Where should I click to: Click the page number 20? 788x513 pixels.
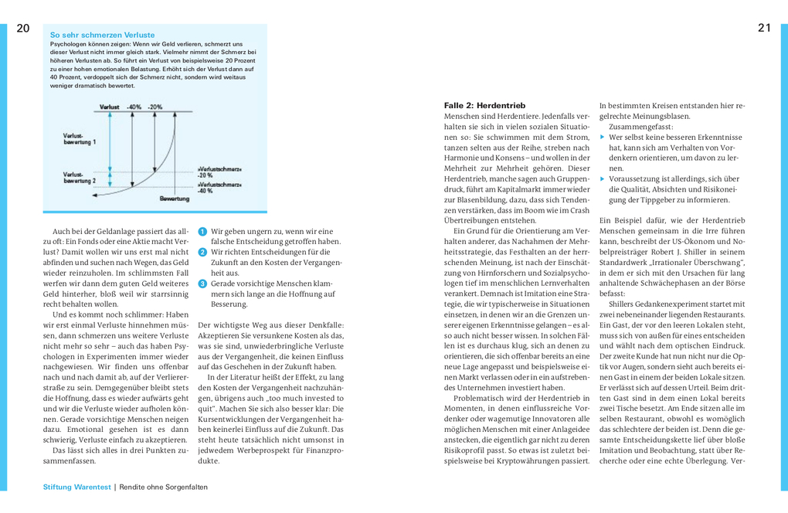point(22,29)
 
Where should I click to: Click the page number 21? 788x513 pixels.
point(764,29)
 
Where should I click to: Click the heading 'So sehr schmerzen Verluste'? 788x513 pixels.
point(102,35)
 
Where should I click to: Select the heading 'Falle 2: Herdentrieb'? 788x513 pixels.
point(484,105)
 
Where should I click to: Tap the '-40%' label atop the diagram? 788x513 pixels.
point(134,106)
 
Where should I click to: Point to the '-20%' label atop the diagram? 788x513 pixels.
point(155,106)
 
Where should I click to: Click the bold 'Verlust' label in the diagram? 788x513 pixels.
point(110,106)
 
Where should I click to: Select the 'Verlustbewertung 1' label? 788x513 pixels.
point(80,139)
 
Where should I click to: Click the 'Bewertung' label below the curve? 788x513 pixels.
point(175,199)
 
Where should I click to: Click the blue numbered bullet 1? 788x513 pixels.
point(202,231)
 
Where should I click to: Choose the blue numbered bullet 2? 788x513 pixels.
point(202,252)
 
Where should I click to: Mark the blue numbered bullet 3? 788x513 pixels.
point(202,284)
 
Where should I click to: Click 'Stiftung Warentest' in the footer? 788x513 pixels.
point(77,487)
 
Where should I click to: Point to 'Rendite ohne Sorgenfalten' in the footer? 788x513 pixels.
point(163,487)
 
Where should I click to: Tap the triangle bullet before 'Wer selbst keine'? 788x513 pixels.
point(603,137)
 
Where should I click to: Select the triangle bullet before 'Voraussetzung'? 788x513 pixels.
point(603,178)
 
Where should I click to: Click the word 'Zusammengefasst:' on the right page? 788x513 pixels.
point(640,126)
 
